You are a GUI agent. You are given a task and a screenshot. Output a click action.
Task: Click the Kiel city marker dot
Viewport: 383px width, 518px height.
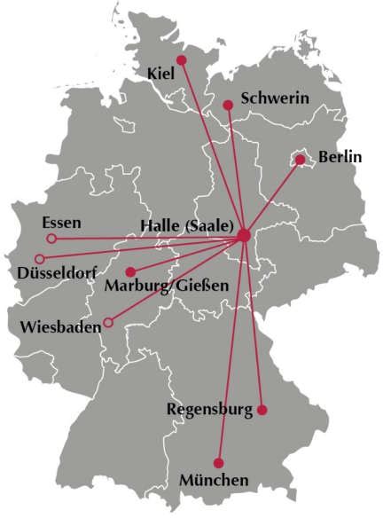pos(181,60)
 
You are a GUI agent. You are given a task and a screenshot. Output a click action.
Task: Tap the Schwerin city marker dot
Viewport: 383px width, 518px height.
pos(228,105)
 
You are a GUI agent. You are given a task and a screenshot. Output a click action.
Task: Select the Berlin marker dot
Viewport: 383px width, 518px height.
pos(301,160)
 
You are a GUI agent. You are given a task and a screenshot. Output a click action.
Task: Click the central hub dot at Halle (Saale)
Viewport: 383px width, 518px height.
pos(244,235)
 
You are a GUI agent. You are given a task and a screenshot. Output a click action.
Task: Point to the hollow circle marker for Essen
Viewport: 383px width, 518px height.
pos(51,239)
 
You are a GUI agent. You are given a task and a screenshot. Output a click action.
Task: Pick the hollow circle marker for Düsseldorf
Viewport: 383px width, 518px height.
pos(39,258)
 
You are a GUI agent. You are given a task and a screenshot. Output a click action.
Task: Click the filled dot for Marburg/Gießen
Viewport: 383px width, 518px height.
pos(130,271)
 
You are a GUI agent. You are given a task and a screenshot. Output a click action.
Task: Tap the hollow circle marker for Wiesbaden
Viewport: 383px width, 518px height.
pos(108,322)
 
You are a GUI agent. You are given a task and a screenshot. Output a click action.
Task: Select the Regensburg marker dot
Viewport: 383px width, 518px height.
pos(262,409)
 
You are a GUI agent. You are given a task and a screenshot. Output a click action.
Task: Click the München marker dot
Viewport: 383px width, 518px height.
pos(219,462)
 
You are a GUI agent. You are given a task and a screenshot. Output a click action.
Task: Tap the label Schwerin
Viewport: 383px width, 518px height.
pos(275,98)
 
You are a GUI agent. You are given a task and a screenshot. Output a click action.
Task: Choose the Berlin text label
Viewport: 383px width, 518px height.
pos(340,157)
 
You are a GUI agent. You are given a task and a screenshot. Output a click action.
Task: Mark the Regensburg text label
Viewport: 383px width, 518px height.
pos(209,409)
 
